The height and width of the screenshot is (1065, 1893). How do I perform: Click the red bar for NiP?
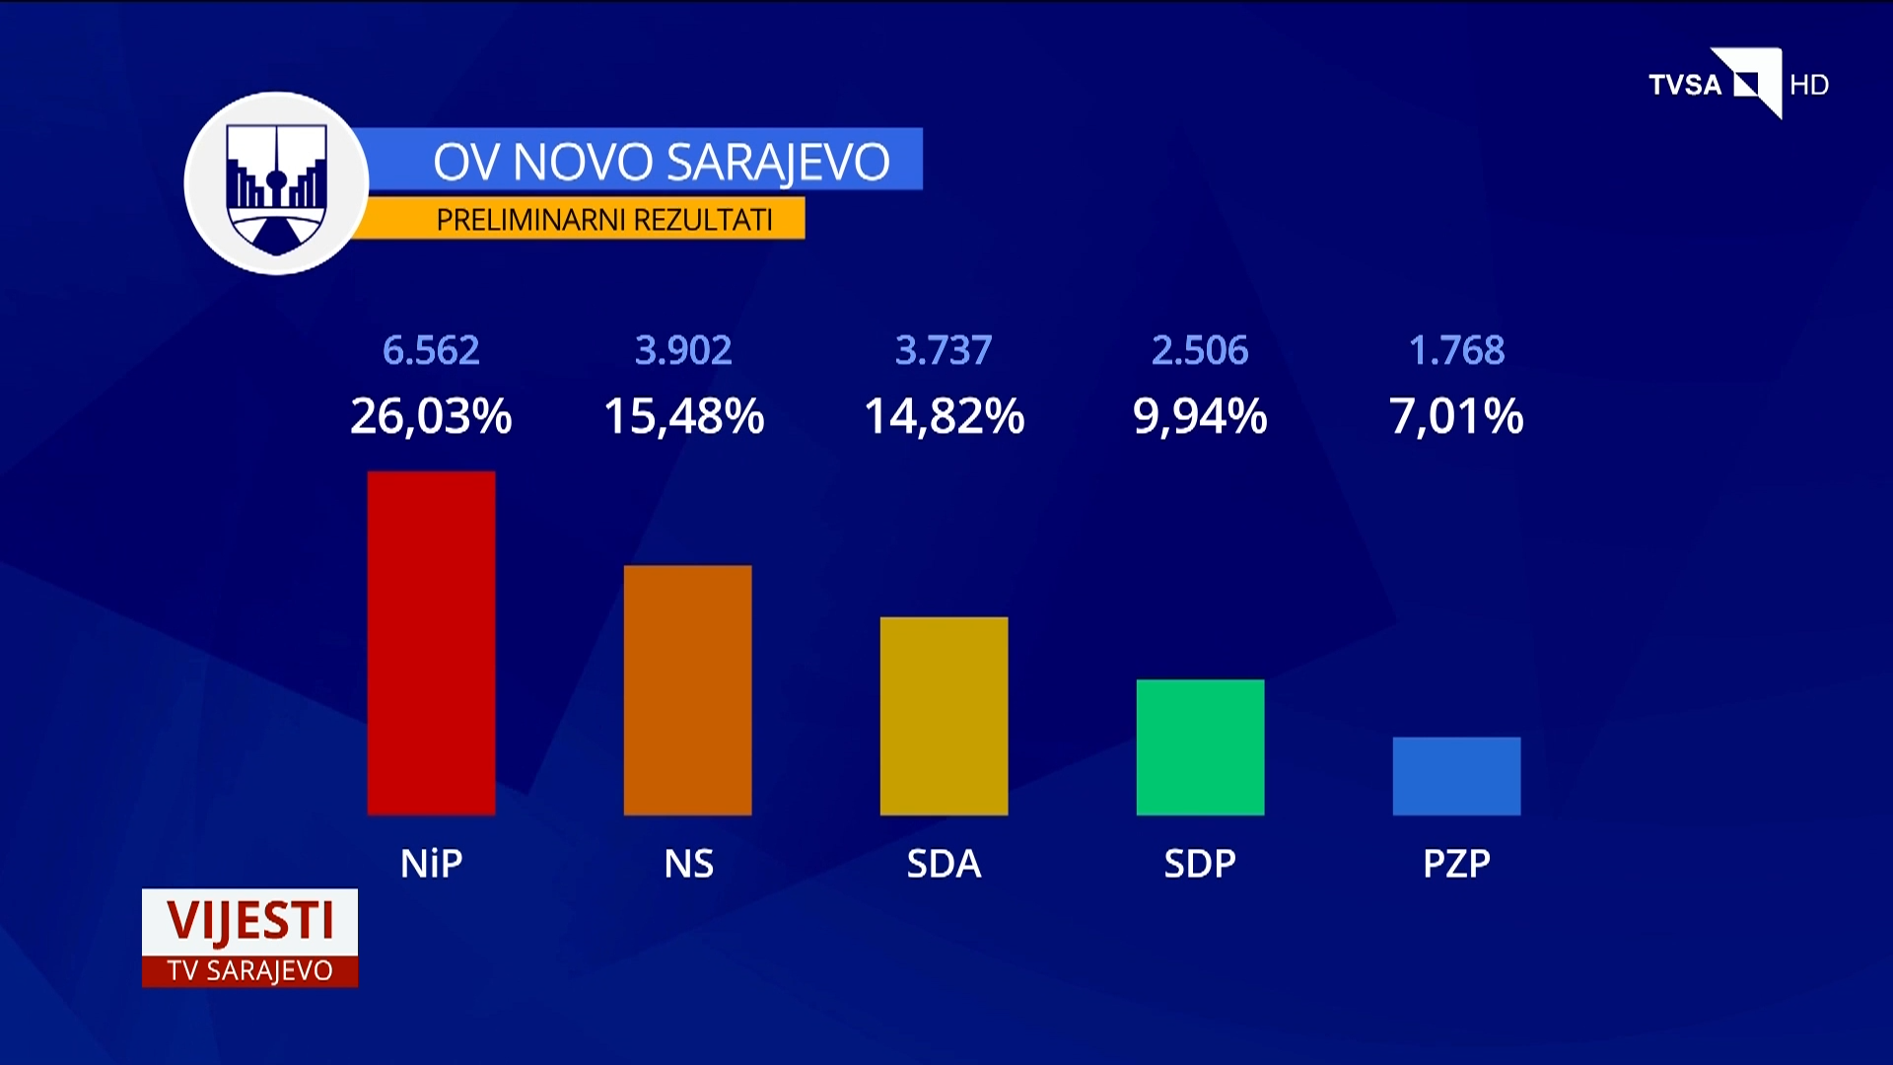click(x=431, y=643)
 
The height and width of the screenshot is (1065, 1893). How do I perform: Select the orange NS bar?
click(x=687, y=690)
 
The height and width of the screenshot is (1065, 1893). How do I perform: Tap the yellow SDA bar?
click(x=944, y=716)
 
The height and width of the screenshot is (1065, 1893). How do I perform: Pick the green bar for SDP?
click(x=1200, y=747)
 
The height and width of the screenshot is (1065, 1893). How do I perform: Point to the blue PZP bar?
click(x=1456, y=776)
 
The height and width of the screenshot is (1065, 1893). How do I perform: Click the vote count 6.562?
click(x=431, y=351)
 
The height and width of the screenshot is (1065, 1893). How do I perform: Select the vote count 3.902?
click(x=683, y=351)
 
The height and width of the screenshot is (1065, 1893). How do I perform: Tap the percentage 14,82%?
click(x=944, y=416)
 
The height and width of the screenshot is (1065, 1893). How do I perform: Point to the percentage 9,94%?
click(x=1200, y=416)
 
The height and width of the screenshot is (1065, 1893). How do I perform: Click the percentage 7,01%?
click(x=1456, y=416)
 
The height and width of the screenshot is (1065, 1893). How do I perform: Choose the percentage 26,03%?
click(x=431, y=416)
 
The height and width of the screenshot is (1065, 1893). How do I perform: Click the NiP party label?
click(x=431, y=864)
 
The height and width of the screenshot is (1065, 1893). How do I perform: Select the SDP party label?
click(x=1200, y=864)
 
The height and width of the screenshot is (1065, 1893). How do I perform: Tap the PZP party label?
click(x=1456, y=864)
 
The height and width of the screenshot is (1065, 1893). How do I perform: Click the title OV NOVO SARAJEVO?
click(x=661, y=162)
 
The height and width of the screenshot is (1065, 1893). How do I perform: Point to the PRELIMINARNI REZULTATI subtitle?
click(x=604, y=219)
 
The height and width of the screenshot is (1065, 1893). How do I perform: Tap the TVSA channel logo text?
click(x=1685, y=86)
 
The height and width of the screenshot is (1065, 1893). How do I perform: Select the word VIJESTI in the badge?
click(x=250, y=921)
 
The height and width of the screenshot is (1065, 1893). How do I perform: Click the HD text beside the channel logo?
click(x=1809, y=86)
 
